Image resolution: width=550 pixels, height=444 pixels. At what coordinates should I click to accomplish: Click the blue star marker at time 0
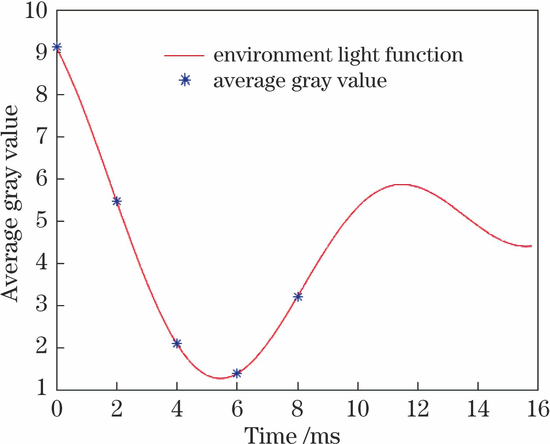click(57, 47)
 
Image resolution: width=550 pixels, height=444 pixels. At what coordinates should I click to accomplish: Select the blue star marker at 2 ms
click(117, 201)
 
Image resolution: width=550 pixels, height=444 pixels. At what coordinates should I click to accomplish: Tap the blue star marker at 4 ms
click(177, 344)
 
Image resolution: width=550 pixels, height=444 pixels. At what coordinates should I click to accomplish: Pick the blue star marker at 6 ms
click(237, 373)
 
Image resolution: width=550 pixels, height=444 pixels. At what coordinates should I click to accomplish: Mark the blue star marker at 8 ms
click(298, 297)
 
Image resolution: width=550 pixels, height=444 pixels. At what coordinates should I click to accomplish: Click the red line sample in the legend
click(184, 55)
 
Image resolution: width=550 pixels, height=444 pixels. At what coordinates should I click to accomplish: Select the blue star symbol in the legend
click(185, 80)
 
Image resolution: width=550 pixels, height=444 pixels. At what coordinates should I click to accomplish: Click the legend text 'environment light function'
click(338, 55)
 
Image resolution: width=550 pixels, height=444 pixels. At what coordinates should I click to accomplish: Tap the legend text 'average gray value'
click(300, 81)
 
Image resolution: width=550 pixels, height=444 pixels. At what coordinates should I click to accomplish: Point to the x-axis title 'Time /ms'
click(292, 435)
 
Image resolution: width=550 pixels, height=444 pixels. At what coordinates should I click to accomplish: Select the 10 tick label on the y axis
click(36, 11)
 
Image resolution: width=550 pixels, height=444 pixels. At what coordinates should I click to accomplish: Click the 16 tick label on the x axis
click(538, 409)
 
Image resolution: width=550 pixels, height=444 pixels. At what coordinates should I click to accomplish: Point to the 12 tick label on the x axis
click(418, 409)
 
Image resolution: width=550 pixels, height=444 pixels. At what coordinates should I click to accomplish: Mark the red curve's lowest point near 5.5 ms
click(220, 378)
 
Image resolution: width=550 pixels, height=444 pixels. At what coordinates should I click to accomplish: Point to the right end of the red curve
click(531, 246)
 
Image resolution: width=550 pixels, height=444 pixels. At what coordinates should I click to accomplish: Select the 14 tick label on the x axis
click(478, 409)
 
